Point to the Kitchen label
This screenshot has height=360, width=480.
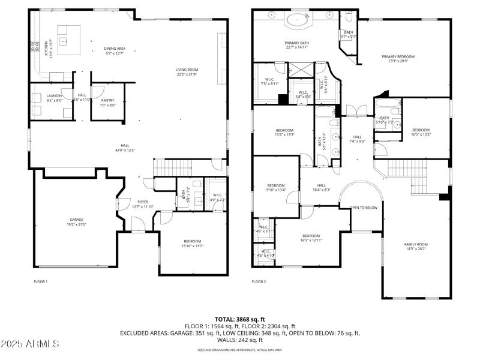pos(46,49)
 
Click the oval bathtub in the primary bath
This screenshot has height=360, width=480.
pos(298,22)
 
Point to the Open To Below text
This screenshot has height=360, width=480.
pos(363,208)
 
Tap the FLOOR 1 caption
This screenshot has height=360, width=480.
pos(40,281)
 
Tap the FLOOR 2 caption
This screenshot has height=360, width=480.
pos(259,281)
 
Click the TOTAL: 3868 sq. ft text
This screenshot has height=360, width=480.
pos(240,319)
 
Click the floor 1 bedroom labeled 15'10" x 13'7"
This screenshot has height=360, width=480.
pos(193,243)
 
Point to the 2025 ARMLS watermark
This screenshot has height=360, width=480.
pos(30,344)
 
